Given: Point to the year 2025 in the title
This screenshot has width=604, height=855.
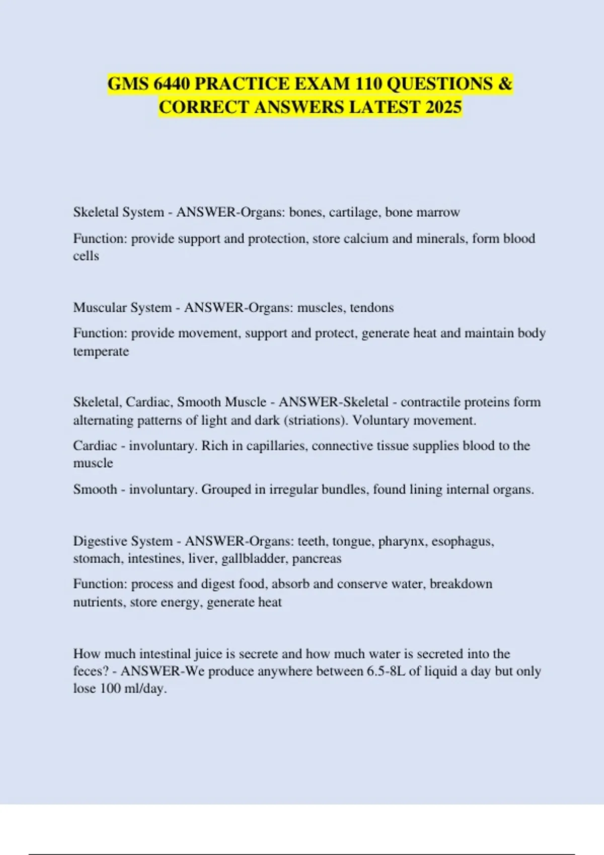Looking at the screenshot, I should [443, 107].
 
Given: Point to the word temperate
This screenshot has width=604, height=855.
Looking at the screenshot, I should [101, 351].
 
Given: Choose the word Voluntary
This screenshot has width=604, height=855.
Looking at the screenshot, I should [381, 420].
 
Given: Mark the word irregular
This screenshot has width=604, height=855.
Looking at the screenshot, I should [294, 489].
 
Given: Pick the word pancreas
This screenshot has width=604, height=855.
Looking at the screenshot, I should [317, 559].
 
